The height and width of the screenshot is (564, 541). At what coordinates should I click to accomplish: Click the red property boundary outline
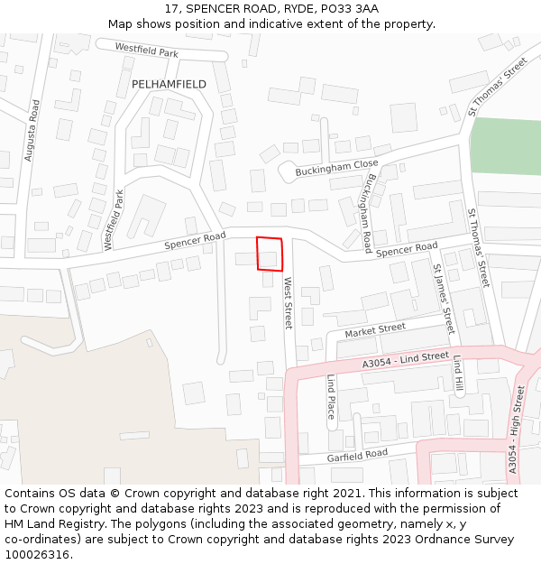click(x=270, y=254)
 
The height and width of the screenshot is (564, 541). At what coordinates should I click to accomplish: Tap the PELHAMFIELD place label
click(x=169, y=84)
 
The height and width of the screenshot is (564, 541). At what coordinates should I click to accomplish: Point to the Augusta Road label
click(x=32, y=131)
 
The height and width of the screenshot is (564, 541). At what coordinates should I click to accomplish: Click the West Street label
click(x=289, y=302)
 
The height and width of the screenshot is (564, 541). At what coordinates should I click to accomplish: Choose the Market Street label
click(x=375, y=329)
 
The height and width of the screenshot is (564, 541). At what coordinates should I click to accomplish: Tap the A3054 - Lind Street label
click(x=405, y=358)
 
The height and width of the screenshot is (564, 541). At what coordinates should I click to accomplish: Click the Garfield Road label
click(x=357, y=454)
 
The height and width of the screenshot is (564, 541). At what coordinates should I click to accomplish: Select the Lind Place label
click(x=331, y=396)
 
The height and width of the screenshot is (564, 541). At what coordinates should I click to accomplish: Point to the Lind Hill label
click(x=458, y=375)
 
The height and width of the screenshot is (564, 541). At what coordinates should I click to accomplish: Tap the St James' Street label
click(x=443, y=293)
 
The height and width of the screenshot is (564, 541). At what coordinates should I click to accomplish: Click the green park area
click(x=505, y=145)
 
